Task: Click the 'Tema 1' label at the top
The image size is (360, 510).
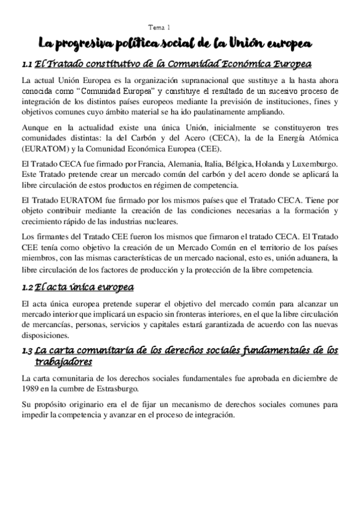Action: [x=159, y=27]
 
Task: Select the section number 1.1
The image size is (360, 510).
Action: [x=26, y=64]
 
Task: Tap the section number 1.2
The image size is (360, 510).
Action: [x=26, y=287]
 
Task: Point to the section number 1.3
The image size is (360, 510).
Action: [x=26, y=351]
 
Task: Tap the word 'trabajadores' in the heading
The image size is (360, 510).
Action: [x=64, y=362]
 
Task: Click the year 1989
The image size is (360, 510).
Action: [x=29, y=389]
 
